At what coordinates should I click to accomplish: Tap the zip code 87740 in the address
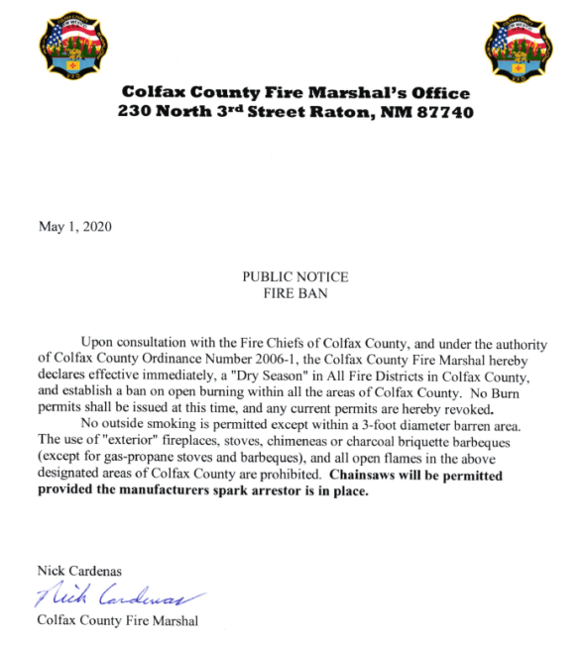443,112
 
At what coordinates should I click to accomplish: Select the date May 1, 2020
75,226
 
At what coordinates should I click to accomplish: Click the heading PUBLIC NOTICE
295,277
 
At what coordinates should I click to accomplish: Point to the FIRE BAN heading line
295,293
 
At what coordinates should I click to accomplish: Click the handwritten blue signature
119,597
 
